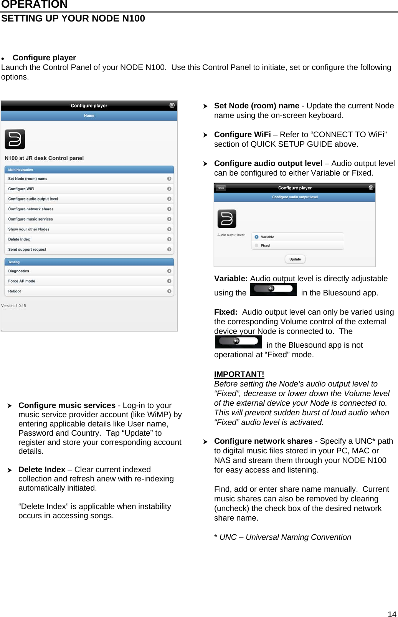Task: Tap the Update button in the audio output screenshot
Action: pyautogui.click(x=295, y=259)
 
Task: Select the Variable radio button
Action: pyautogui.click(x=257, y=237)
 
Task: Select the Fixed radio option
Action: pyautogui.click(x=257, y=245)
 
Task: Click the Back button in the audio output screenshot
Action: pyautogui.click(x=221, y=188)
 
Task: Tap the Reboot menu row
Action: pyautogui.click(x=89, y=291)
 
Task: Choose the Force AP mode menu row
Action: pyautogui.click(x=89, y=281)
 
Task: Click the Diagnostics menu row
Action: pyautogui.click(x=89, y=271)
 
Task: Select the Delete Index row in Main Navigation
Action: pyautogui.click(x=89, y=239)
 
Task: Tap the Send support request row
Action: pyautogui.click(x=89, y=249)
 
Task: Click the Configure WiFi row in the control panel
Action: pyautogui.click(x=89, y=189)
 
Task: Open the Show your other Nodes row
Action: pyautogui.click(x=89, y=229)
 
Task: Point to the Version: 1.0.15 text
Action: pyautogui.click(x=14, y=306)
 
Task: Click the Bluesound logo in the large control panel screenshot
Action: pyautogui.click(x=15, y=139)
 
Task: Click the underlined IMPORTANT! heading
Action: pyautogui.click(x=239, y=374)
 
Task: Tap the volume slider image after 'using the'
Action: pyautogui.click(x=273, y=289)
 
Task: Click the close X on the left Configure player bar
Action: pyautogui.click(x=172, y=105)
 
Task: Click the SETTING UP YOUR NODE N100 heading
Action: pyautogui.click(x=73, y=18)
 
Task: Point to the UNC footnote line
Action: pyautogui.click(x=282, y=537)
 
